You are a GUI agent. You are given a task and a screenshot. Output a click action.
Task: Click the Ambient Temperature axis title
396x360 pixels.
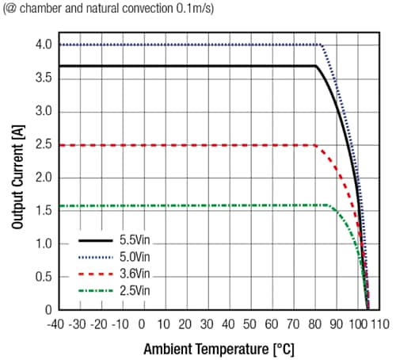[218, 348]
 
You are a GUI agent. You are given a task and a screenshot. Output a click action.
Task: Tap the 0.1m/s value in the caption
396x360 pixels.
[184, 9]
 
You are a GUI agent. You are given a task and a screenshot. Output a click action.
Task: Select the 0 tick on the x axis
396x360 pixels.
[142, 324]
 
